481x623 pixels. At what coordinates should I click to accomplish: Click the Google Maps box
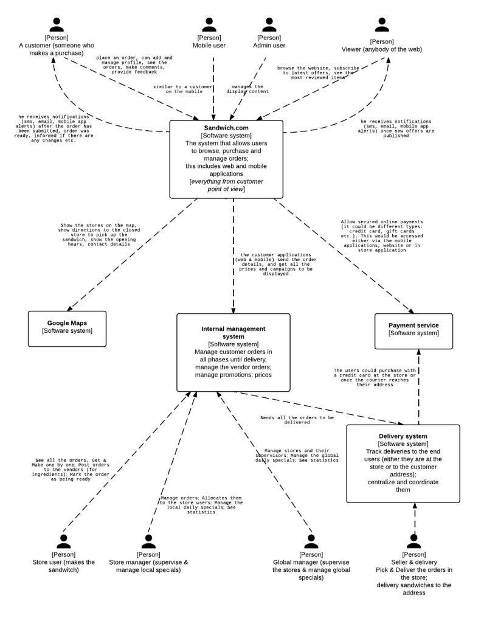click(67, 329)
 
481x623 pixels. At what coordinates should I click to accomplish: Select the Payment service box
click(414, 332)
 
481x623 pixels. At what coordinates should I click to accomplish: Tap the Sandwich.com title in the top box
click(226, 128)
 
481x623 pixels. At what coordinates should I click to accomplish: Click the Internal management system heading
click(233, 333)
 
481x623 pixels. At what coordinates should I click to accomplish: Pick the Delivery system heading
click(403, 436)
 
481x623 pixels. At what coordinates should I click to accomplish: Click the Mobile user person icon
click(209, 24)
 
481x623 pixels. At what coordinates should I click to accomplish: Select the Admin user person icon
click(269, 24)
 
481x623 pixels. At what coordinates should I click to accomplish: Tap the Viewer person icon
click(382, 24)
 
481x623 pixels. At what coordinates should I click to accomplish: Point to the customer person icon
click(57, 24)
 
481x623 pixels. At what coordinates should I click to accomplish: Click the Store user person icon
click(64, 541)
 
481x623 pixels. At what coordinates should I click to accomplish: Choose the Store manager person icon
click(148, 541)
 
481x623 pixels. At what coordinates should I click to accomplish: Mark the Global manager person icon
click(311, 541)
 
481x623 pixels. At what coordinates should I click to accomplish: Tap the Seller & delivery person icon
click(414, 541)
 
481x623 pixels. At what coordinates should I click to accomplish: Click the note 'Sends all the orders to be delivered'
click(297, 420)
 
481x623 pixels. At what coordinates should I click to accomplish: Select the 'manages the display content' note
click(247, 89)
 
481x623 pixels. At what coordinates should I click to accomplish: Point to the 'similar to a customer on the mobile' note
click(183, 89)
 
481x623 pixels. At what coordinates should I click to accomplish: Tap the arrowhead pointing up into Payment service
click(418, 352)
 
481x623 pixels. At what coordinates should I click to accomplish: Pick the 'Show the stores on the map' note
click(99, 235)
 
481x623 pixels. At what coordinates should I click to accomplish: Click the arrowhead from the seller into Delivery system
click(415, 506)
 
